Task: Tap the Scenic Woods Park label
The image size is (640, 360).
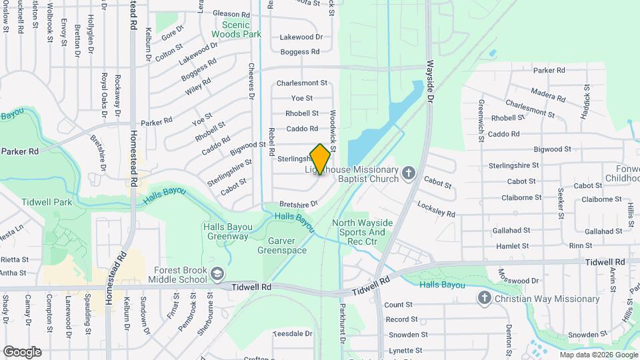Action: point(236,28)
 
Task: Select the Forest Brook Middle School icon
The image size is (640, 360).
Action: point(217,274)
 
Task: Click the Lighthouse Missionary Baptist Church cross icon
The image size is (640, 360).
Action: point(409,174)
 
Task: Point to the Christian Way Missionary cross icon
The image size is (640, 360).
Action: point(485,299)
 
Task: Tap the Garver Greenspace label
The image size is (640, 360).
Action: point(282,245)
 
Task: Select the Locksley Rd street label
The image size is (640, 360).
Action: point(436,209)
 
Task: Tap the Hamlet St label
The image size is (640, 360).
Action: point(513,246)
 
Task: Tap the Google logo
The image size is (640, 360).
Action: point(22,351)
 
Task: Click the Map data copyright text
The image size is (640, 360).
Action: point(598,355)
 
